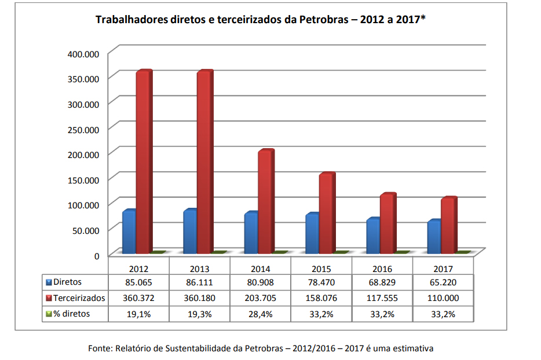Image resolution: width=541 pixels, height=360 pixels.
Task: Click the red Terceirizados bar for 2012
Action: click(143, 162)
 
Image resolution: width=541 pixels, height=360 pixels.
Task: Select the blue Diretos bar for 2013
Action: click(190, 232)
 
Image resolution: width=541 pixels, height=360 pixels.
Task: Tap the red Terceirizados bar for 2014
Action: click(265, 202)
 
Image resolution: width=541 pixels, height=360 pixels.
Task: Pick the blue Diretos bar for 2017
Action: click(434, 237)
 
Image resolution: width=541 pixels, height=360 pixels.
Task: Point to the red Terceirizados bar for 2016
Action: click(387, 224)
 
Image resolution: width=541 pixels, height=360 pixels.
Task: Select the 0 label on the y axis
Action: click(97, 255)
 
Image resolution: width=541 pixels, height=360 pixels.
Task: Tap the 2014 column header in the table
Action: click(261, 269)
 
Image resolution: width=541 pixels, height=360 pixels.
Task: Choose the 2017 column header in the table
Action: click(443, 269)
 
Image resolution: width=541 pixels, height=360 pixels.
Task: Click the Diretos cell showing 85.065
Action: click(139, 282)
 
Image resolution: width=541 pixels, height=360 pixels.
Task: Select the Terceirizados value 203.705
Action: click(261, 298)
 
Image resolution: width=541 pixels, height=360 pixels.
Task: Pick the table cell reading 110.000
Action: click(443, 298)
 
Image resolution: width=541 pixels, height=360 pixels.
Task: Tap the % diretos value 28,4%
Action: click(261, 314)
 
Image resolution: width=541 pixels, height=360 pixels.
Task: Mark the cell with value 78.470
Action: click(321, 282)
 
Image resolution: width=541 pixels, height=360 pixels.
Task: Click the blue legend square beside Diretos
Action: click(49, 282)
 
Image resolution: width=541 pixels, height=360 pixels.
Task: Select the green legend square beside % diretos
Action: click(49, 314)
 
